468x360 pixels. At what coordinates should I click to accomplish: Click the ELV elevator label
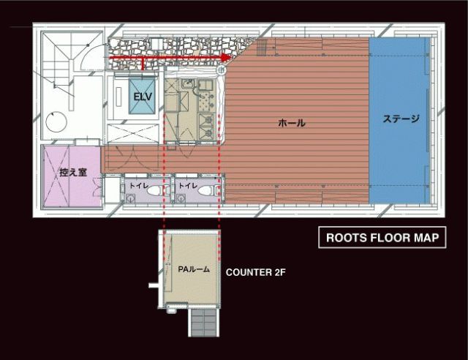143,97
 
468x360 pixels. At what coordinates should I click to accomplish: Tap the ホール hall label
292,123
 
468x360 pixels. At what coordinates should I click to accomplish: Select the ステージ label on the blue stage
401,119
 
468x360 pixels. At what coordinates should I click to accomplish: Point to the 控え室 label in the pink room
73,173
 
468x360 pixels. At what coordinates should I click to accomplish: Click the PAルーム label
194,269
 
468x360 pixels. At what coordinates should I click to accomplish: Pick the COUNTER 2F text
255,272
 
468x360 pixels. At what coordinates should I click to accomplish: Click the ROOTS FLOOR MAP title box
382,238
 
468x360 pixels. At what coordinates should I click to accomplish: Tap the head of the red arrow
227,57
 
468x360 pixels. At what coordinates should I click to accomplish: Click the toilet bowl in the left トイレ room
155,190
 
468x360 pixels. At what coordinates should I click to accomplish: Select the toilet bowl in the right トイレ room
206,190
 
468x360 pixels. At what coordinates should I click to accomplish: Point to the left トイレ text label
138,186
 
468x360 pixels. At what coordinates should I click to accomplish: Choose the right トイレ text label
188,186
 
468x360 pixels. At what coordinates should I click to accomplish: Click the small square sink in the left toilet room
130,198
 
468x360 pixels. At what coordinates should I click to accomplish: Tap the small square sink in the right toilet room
180,198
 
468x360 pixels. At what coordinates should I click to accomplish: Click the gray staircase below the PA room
204,323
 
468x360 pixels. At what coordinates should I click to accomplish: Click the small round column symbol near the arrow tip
221,70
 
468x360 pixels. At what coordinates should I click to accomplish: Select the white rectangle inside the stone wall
156,43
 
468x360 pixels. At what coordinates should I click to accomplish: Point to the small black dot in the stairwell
88,45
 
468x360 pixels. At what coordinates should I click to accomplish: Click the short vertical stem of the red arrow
143,64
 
